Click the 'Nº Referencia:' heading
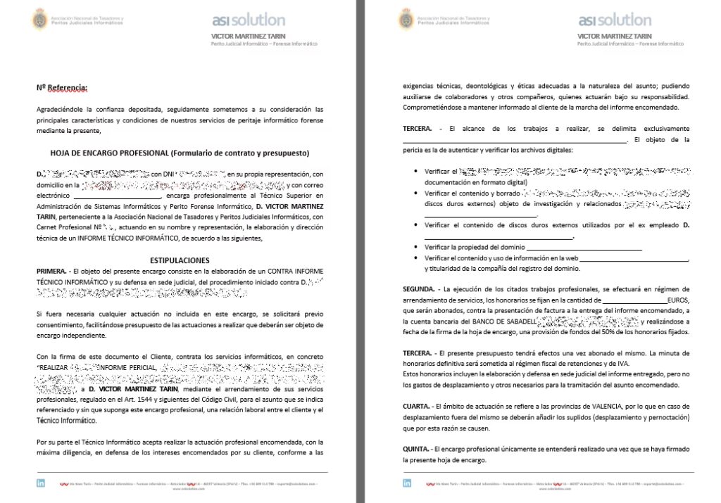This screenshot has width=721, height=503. [x=62, y=88]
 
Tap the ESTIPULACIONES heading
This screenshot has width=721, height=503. [x=180, y=260]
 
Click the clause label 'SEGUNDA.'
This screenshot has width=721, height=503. [x=419, y=289]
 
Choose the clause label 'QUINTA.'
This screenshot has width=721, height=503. [x=416, y=449]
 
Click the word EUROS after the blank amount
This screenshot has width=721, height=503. [x=677, y=300]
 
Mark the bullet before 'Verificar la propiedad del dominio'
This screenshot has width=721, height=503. [x=417, y=248]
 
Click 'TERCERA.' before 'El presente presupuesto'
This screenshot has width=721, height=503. [x=418, y=352]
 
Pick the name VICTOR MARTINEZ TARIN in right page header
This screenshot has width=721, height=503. [x=614, y=36]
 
